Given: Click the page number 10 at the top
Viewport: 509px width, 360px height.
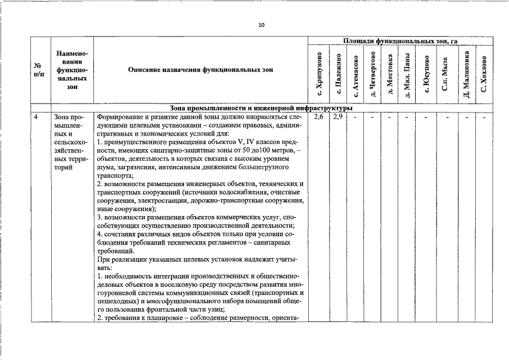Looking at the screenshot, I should tap(261, 25).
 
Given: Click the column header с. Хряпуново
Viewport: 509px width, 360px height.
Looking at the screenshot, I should tap(319, 74).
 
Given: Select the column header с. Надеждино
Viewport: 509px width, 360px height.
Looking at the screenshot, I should tap(338, 74).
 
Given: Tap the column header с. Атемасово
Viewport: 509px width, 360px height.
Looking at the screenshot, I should tap(355, 74).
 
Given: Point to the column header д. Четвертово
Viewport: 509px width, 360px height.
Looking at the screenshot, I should tap(372, 74).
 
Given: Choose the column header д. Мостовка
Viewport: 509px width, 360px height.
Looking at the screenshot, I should tap(390, 74).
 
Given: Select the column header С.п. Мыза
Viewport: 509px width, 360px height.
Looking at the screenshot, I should tap(445, 74).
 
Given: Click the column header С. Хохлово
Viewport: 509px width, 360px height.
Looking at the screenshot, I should tap(484, 74).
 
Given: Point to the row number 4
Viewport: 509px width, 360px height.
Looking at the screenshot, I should tap(36, 118).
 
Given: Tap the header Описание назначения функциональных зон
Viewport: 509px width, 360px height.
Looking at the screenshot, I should tap(200, 70).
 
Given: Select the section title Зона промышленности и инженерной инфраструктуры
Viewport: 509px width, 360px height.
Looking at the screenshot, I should tap(261, 107).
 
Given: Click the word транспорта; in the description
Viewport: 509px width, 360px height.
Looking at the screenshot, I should tap(111, 175).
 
